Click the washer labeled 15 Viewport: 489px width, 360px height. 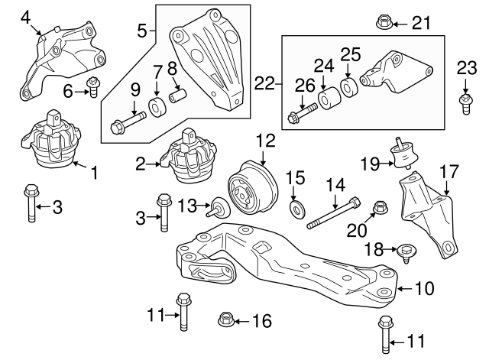coord(295,208)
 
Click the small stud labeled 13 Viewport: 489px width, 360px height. coord(219,206)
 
